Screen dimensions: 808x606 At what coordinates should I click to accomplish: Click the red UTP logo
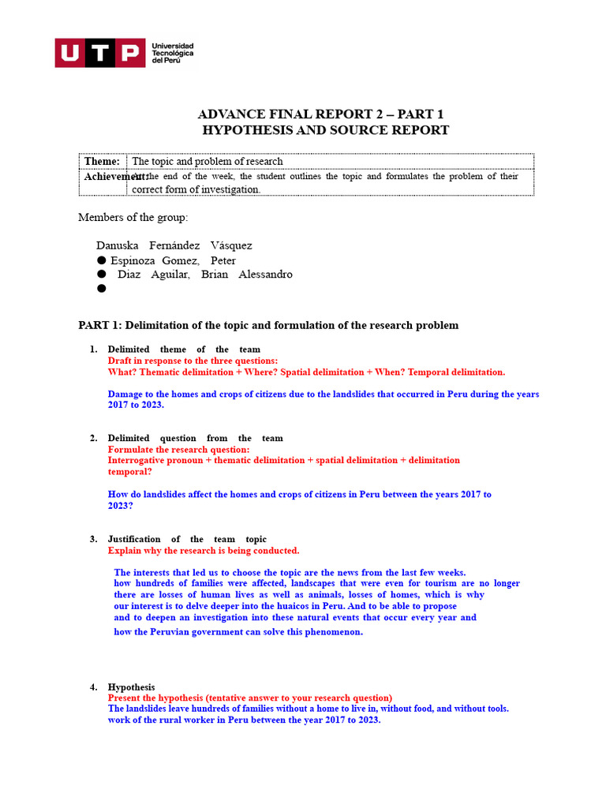(99, 53)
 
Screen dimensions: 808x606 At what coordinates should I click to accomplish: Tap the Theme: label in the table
(102, 162)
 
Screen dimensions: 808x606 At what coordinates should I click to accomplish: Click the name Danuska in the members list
(118, 245)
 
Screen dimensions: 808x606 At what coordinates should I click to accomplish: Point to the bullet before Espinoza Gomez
(101, 260)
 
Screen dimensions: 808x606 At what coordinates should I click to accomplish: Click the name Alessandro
(267, 275)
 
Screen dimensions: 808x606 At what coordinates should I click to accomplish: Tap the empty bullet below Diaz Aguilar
(101, 289)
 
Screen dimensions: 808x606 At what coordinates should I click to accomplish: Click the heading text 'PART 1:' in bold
(100, 325)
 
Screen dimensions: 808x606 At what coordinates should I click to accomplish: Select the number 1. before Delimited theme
(93, 349)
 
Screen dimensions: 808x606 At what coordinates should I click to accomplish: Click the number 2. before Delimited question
(93, 438)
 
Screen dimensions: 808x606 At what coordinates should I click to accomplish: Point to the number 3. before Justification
(93, 539)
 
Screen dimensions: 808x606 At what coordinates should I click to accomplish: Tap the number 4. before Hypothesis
(93, 687)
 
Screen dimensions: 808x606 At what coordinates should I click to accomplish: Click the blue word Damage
(126, 394)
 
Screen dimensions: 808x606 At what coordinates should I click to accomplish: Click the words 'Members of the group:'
(133, 217)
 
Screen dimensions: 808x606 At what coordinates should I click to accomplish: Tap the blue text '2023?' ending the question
(121, 506)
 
